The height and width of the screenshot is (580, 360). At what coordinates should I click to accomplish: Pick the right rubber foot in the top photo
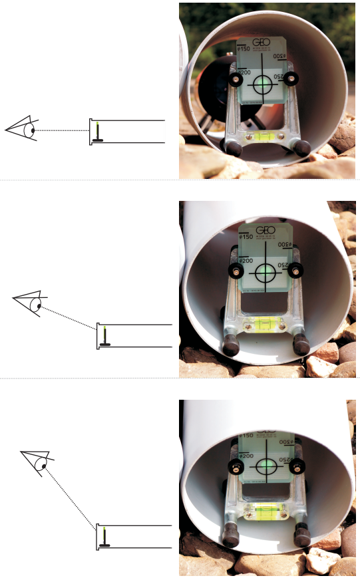[x=302, y=148]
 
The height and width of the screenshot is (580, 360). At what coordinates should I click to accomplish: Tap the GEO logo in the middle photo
[x=266, y=229]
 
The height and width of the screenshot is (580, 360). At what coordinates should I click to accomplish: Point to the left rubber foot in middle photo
[x=231, y=344]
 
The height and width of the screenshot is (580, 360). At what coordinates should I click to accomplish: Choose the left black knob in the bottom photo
[x=234, y=466]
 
